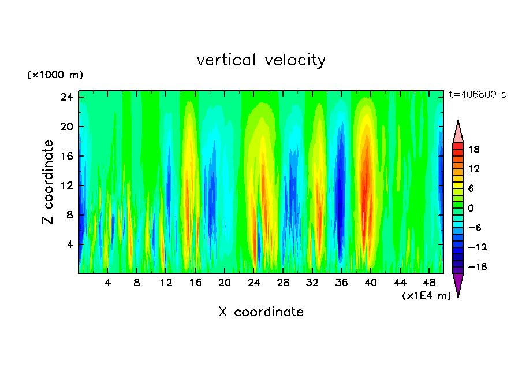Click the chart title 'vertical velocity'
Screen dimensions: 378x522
[x=261, y=60]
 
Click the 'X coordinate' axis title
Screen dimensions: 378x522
[x=261, y=312]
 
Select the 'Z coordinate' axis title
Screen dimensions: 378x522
[x=49, y=182]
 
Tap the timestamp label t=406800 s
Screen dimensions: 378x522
[x=477, y=94]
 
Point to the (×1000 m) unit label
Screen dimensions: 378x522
[x=55, y=75]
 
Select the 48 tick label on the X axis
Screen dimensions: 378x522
[x=429, y=283]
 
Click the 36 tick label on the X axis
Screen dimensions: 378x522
[x=341, y=283]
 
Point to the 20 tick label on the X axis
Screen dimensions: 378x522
[x=224, y=283]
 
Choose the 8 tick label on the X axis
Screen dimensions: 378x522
[x=137, y=283]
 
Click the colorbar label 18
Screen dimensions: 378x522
[x=474, y=149]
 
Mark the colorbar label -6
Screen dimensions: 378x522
[x=474, y=228]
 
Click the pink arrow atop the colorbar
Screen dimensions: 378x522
[x=458, y=132]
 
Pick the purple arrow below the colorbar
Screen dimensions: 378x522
[x=458, y=284]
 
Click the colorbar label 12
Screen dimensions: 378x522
[x=474, y=169]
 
